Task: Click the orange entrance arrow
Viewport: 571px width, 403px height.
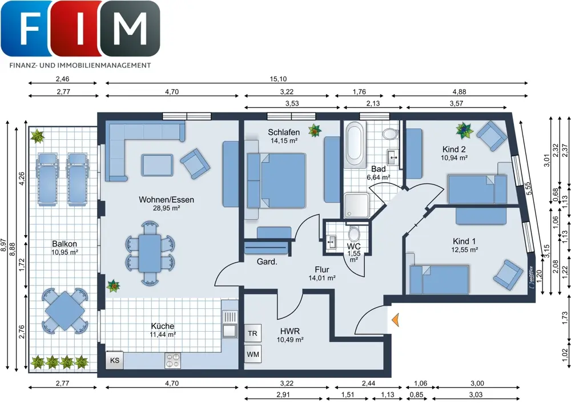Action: pyautogui.click(x=396, y=320)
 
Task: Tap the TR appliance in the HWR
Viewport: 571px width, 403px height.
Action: pyautogui.click(x=253, y=333)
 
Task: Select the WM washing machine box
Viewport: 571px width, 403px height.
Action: pyautogui.click(x=253, y=354)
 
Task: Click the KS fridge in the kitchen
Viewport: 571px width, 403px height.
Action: pyautogui.click(x=115, y=360)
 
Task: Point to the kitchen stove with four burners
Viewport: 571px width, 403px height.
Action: pyautogui.click(x=172, y=360)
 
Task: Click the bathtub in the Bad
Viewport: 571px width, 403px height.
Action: pyautogui.click(x=356, y=145)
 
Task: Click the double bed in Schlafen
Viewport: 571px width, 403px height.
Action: pyautogui.click(x=276, y=180)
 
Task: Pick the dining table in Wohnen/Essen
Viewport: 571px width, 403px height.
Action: pyautogui.click(x=150, y=253)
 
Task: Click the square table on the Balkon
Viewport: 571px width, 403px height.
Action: pyautogui.click(x=65, y=311)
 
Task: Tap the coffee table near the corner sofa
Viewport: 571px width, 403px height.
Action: pyautogui.click(x=158, y=166)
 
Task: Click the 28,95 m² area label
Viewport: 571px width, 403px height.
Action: pyautogui.click(x=166, y=208)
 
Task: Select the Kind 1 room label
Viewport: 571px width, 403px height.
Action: pyautogui.click(x=464, y=241)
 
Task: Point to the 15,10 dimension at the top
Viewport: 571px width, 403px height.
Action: pyautogui.click(x=278, y=79)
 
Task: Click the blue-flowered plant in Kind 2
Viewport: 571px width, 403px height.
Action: pyautogui.click(x=464, y=131)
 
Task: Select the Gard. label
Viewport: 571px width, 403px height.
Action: pyautogui.click(x=267, y=261)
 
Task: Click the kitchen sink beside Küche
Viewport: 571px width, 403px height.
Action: pyautogui.click(x=230, y=324)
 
